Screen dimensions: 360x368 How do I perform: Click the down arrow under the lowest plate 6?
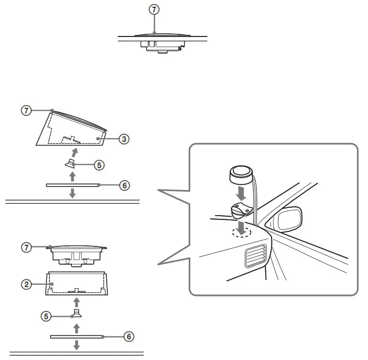click(76, 345)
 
